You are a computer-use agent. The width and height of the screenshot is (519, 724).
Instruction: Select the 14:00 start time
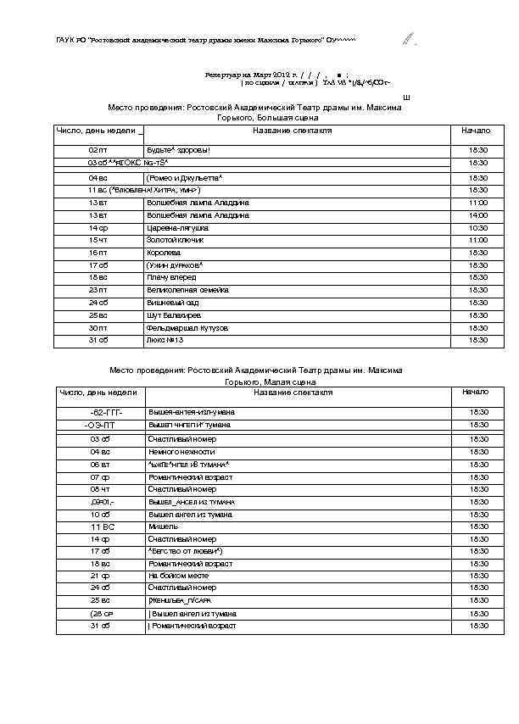pos(478,215)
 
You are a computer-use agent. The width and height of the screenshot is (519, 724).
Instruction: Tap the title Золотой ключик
pos(176,241)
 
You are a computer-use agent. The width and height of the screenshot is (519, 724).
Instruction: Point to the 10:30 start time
pos(478,228)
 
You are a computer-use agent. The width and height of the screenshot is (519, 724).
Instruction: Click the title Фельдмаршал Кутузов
pos(186,328)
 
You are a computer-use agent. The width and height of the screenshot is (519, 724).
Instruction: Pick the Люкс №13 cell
pos(165,340)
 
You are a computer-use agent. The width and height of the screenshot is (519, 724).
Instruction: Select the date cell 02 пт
pos(98,150)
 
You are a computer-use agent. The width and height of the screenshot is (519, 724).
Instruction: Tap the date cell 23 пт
pos(98,290)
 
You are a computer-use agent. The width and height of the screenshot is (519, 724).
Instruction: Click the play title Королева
pos(164,253)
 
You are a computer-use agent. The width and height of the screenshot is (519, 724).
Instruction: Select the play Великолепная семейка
pos(187,290)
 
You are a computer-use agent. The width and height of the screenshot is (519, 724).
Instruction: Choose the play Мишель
pos(163,526)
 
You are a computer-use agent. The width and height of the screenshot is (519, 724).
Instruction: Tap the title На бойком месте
pos(180,576)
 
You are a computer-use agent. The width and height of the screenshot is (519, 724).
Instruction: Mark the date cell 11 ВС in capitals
pos(101,526)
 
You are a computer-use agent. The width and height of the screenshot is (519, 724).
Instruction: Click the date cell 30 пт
pos(98,328)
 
